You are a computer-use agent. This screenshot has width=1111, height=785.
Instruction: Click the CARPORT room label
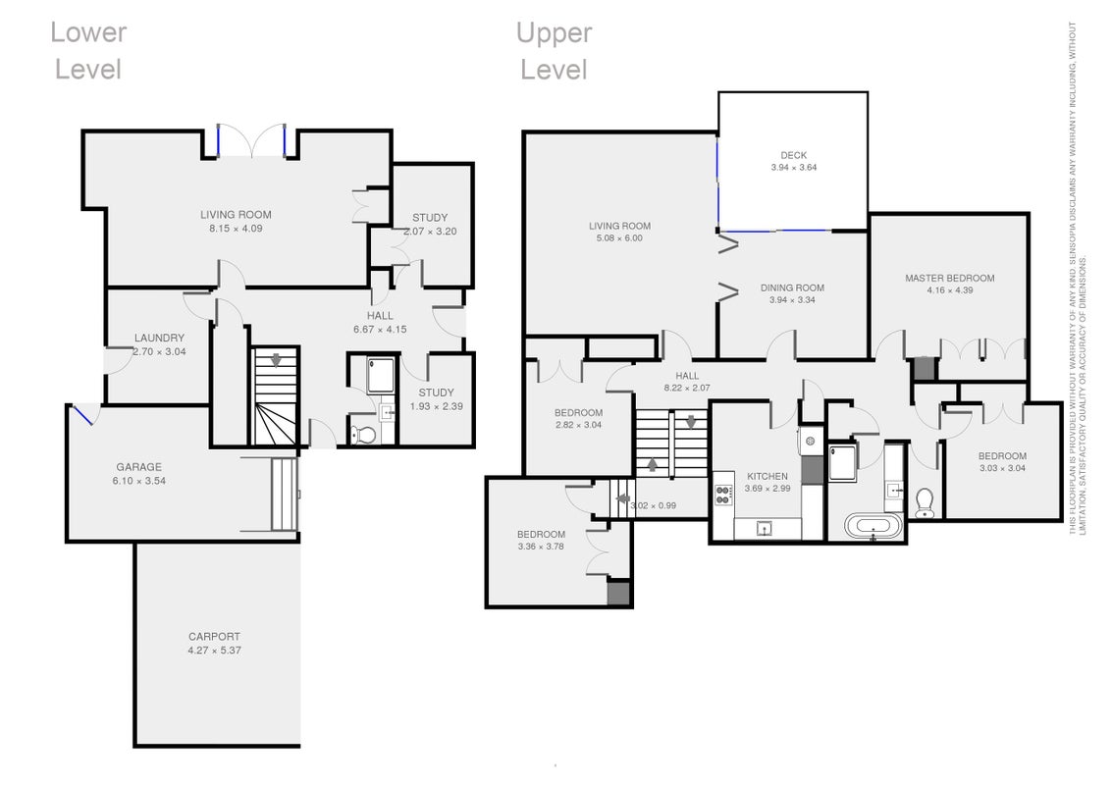click(214, 636)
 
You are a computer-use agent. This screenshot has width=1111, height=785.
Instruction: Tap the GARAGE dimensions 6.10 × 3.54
click(139, 481)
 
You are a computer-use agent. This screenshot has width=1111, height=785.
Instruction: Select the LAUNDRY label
click(159, 338)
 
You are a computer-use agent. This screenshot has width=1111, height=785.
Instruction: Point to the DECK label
click(794, 155)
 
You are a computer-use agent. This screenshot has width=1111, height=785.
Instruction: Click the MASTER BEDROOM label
click(949, 279)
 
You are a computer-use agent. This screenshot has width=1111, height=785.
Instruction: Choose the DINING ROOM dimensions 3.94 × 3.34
click(792, 299)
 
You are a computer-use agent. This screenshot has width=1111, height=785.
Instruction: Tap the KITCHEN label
click(767, 476)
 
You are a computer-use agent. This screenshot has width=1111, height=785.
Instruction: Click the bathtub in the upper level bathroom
click(873, 527)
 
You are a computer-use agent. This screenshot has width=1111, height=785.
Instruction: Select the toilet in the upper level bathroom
click(925, 503)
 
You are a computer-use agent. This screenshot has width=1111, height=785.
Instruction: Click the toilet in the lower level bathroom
click(364, 434)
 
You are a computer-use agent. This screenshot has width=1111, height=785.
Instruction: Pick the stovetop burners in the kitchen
click(722, 495)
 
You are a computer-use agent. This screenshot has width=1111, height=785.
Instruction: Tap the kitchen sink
click(765, 528)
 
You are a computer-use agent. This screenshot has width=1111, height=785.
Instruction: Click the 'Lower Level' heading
click(88, 51)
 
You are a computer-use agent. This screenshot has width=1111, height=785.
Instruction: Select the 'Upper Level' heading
click(555, 51)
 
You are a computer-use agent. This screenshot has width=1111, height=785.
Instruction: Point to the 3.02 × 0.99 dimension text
click(654, 506)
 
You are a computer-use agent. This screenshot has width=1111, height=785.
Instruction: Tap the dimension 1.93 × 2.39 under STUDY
click(437, 406)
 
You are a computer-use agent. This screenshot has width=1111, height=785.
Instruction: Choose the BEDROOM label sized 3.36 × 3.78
click(542, 534)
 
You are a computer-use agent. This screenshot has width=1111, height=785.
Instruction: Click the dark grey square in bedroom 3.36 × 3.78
click(618, 593)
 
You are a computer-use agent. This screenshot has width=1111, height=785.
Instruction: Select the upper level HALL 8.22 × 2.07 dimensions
click(687, 388)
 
